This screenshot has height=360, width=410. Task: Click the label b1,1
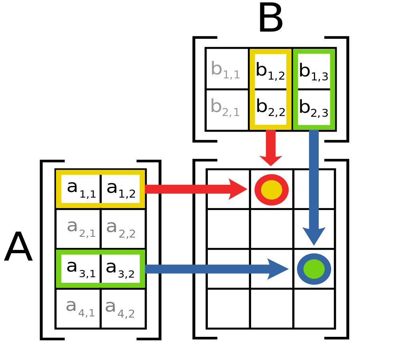(x=225, y=70)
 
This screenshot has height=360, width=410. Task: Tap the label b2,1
(x=225, y=108)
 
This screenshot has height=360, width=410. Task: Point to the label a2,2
(x=121, y=228)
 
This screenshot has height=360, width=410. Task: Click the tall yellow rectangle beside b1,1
(x=271, y=89)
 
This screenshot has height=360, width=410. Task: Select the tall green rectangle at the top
(x=314, y=89)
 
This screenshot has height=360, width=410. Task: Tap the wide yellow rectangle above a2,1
(x=100, y=189)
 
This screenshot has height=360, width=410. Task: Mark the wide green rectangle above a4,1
(x=100, y=268)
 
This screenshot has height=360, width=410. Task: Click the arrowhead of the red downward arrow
(x=271, y=160)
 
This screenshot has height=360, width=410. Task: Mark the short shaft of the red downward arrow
(x=271, y=142)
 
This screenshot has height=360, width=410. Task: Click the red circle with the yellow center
(x=271, y=190)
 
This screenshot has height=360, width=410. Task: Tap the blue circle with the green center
(x=314, y=269)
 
